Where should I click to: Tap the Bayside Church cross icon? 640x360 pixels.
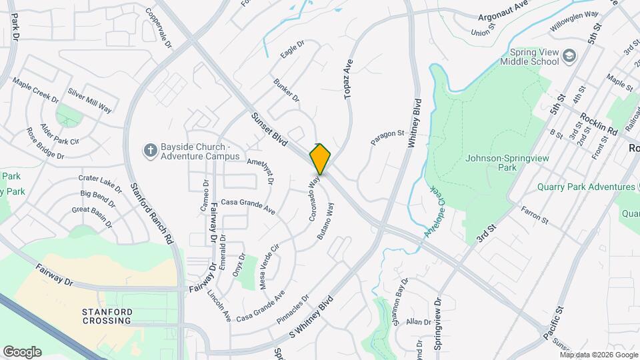tap(150, 151)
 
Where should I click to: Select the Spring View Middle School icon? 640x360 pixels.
tap(569, 55)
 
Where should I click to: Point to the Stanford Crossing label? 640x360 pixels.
tap(107, 315)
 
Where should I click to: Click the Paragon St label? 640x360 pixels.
tap(387, 137)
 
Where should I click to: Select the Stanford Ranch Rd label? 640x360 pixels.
tap(151, 214)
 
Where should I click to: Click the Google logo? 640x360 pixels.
tap(22, 351)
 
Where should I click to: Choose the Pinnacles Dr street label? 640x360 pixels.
tap(291, 309)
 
